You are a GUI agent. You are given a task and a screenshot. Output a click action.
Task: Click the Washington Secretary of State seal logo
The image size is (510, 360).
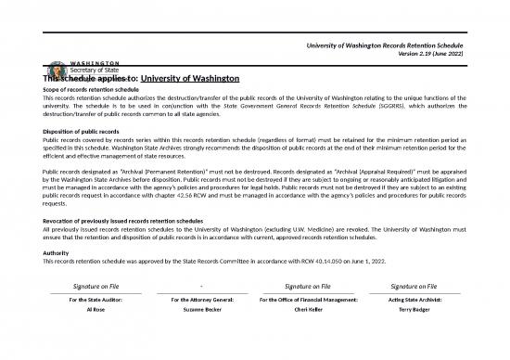53,71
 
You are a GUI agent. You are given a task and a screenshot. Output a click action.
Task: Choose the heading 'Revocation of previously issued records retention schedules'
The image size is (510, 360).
134,221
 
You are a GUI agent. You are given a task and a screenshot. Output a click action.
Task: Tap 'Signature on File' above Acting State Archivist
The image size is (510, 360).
414,287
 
